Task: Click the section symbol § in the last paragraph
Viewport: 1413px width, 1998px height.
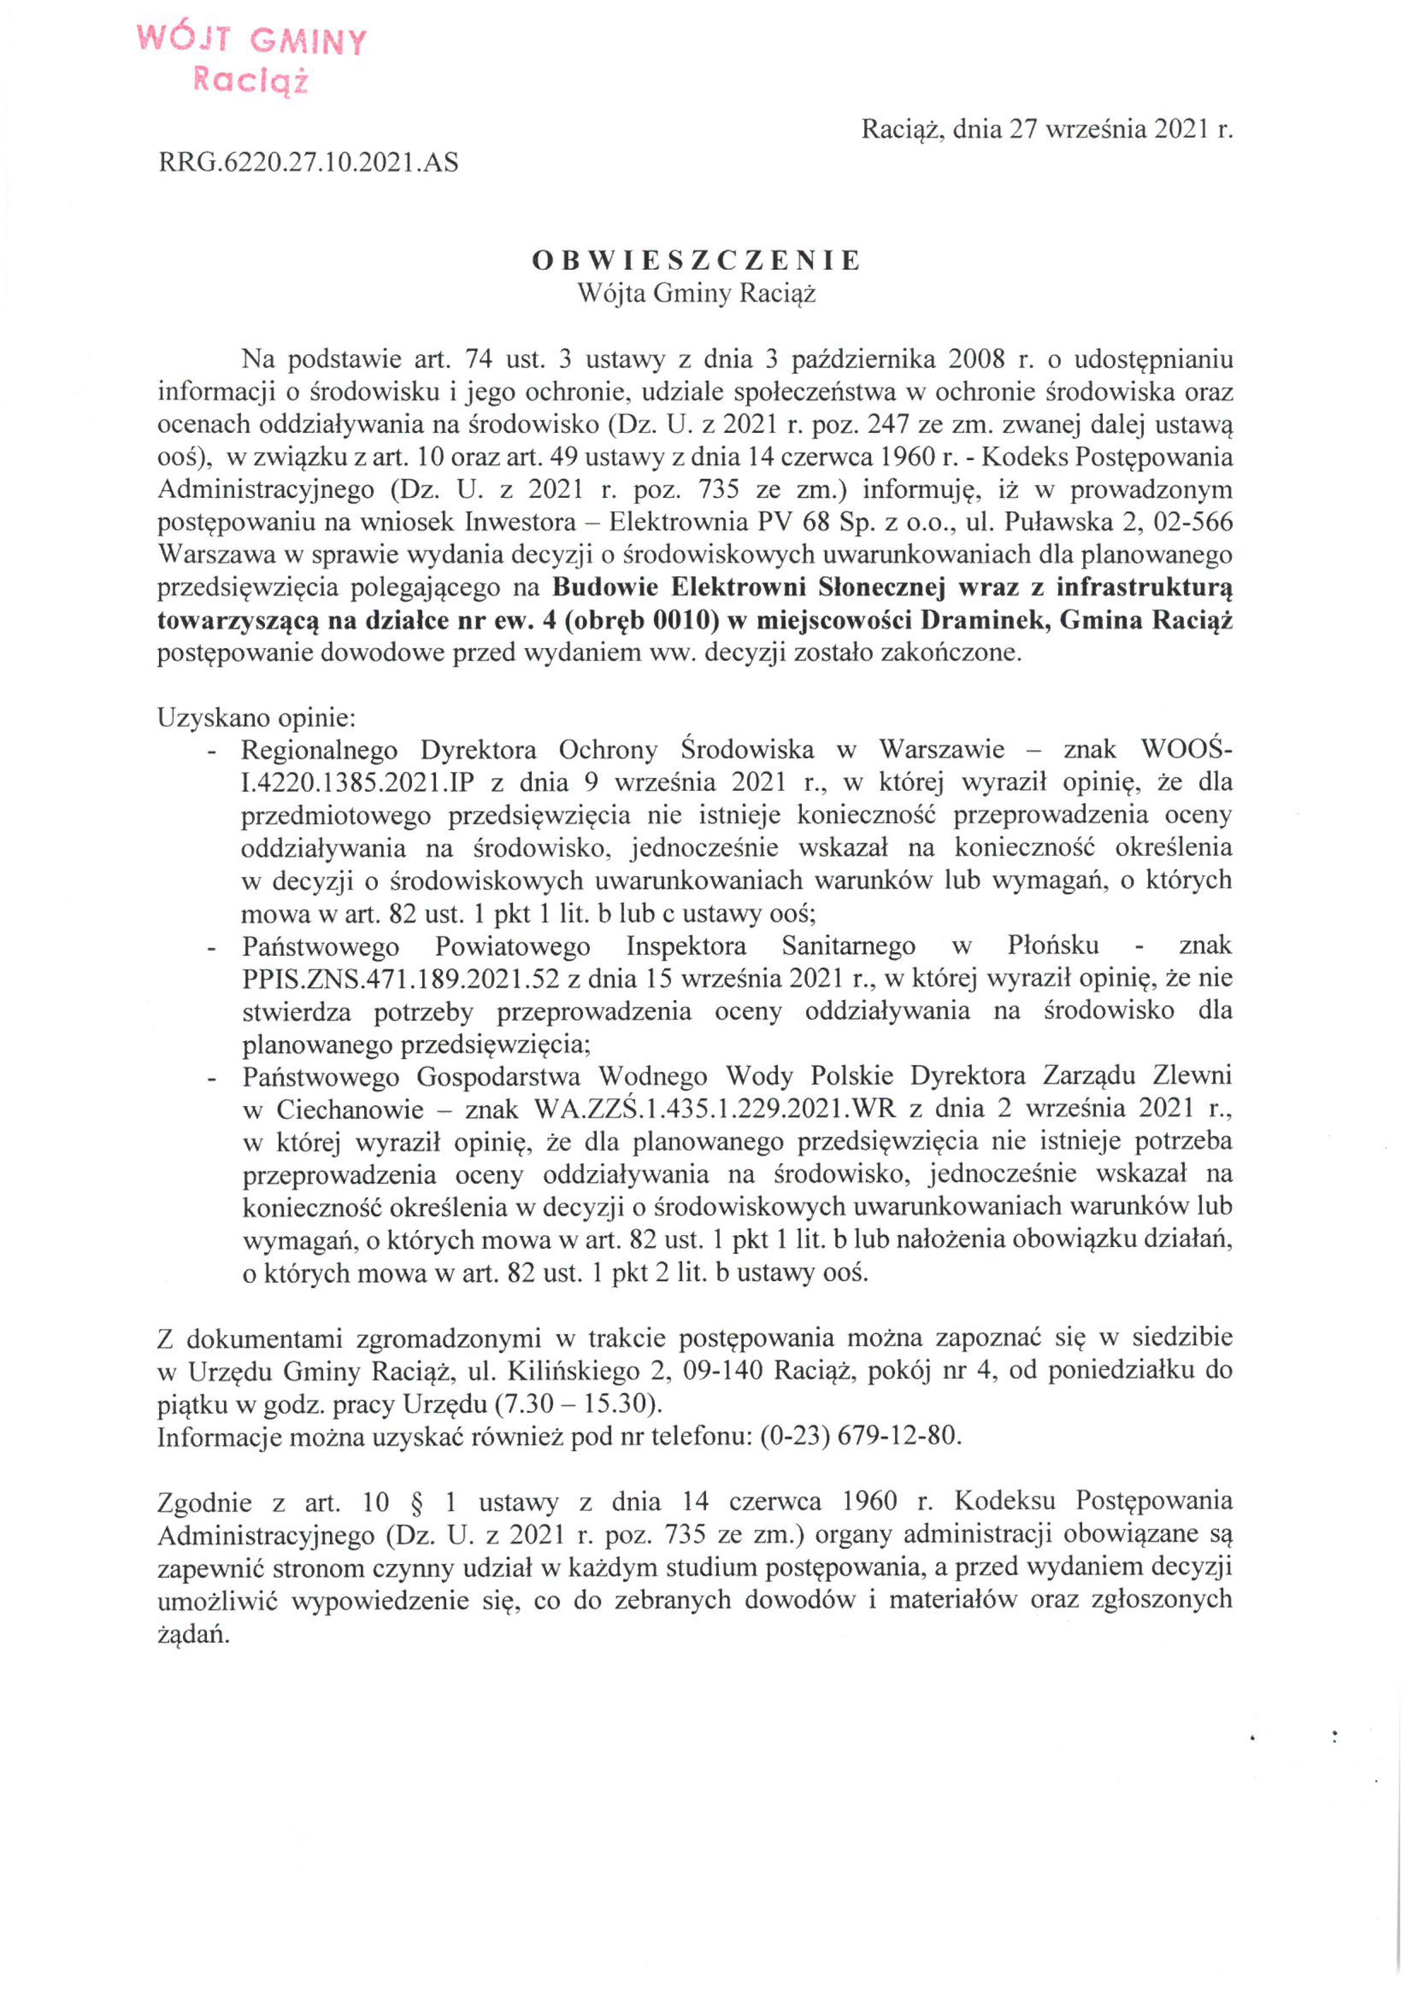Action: click(412, 1502)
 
